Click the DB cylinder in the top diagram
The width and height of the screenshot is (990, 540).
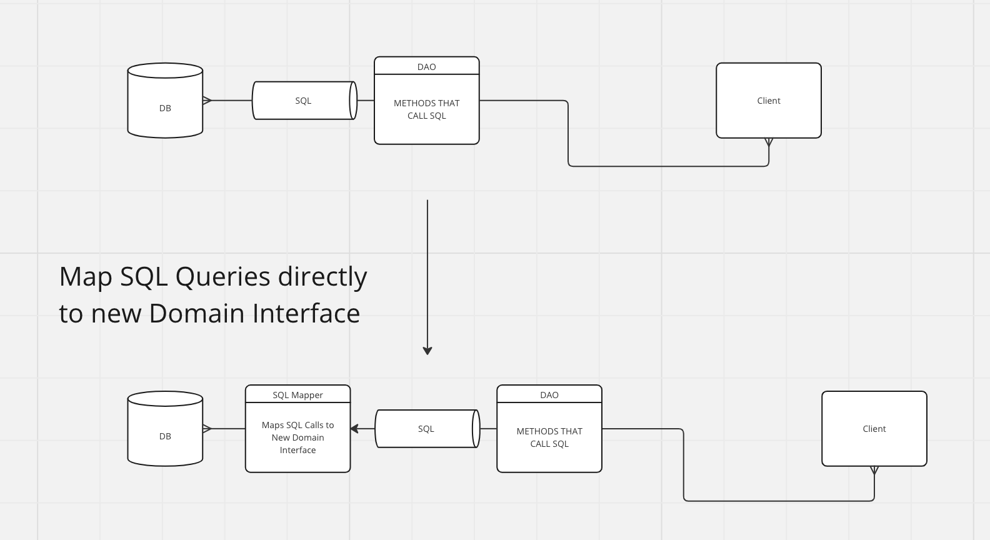165,100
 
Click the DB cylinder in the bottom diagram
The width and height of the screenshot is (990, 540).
165,429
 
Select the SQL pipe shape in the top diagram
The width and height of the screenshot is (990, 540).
304,100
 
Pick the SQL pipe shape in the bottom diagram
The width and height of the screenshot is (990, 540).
427,429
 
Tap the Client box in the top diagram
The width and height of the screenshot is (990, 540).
769,100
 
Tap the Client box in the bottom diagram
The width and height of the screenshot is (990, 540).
874,429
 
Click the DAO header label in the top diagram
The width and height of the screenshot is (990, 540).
426,67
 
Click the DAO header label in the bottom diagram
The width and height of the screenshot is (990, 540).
549,395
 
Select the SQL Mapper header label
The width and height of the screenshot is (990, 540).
298,395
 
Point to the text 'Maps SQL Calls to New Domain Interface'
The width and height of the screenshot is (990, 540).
298,437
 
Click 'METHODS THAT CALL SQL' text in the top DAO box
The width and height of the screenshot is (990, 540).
426,109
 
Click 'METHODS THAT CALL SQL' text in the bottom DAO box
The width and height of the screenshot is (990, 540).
549,437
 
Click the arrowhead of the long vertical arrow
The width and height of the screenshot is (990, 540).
427,351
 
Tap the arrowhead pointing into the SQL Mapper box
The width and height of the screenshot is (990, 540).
354,429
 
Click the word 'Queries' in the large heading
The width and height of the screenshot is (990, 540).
222,277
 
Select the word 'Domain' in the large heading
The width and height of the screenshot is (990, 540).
197,313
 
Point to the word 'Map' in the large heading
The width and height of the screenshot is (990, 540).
85,277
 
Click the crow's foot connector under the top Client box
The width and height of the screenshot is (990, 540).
769,142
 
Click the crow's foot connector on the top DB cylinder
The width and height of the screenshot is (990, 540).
207,100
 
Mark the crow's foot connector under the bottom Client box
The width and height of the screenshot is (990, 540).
874,471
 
